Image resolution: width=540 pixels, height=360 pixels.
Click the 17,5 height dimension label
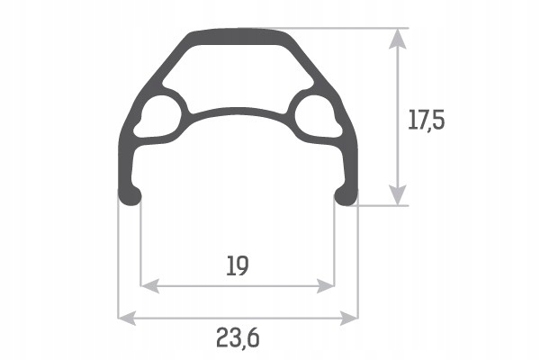coord(427,120)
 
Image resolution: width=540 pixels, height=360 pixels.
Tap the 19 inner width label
coord(238,265)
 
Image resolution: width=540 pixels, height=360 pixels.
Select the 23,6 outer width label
coord(238,338)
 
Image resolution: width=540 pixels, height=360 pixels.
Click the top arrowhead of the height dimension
coord(398,39)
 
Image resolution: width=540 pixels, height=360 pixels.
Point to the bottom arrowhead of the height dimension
coord(398,195)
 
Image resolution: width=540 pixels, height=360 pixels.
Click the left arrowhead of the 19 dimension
coord(150,286)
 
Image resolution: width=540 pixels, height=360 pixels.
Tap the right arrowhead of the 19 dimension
coord(325,286)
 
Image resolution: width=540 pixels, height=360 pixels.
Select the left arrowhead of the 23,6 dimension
coord(127,318)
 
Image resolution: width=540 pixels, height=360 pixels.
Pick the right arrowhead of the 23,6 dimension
coord(349,318)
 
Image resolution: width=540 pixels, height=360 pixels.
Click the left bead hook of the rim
coord(130,197)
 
